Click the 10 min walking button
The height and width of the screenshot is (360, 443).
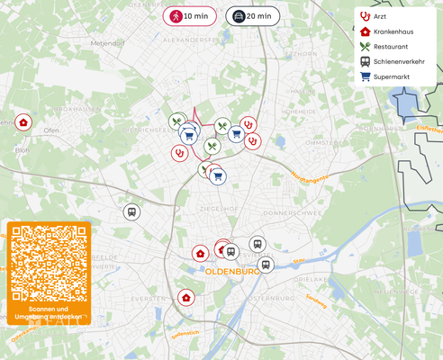pos(190,16)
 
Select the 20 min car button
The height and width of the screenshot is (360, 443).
pos(251,16)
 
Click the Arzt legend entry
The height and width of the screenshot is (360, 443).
pos(386,16)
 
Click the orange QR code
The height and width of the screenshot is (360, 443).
pos(49,263)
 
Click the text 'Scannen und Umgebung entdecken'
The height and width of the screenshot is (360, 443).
pos(49,312)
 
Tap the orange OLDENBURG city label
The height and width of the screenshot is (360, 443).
pos(232,270)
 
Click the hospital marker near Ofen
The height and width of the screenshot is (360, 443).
pos(23,122)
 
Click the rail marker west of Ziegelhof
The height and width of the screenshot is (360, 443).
pos(131,212)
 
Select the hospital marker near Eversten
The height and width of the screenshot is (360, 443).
pos(186,297)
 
